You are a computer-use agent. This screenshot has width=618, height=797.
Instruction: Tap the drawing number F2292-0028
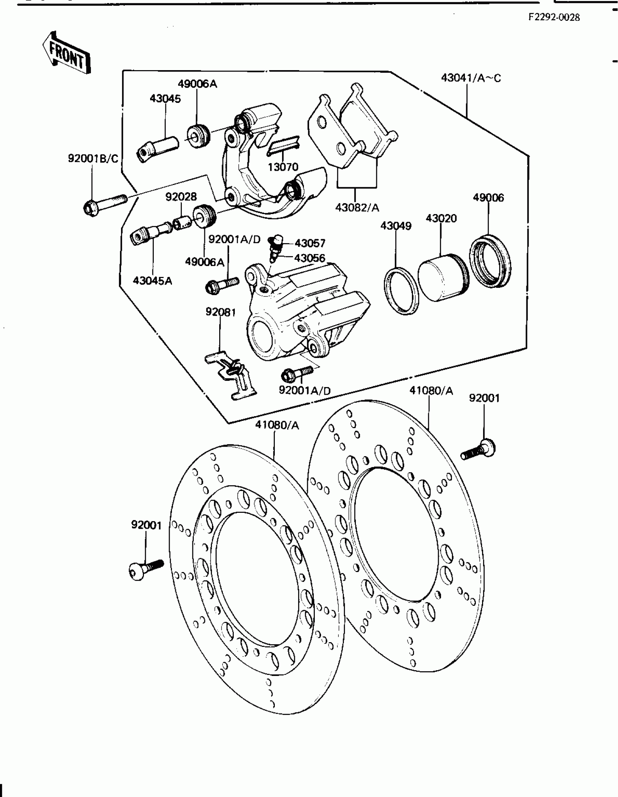pos(554,17)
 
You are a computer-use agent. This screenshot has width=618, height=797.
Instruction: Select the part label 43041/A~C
pos(471,78)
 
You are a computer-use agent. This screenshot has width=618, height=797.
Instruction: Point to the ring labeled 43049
pos(401,291)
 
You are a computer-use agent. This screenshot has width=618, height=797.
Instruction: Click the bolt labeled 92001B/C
pos(105,205)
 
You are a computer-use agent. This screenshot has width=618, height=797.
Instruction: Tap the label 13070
pos(283,167)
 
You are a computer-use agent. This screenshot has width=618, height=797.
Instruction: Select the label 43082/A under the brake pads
pos(357,208)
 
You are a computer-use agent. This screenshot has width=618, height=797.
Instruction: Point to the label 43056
pos(310,258)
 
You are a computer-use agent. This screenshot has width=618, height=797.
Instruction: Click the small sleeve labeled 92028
pos(181,222)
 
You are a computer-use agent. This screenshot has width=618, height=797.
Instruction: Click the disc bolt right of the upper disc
pos(478,450)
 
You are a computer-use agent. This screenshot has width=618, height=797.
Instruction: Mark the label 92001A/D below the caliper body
pos(305,390)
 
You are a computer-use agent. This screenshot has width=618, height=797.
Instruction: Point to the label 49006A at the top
pos(197,84)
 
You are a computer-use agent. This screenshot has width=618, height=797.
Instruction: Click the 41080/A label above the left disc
pos(277,425)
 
